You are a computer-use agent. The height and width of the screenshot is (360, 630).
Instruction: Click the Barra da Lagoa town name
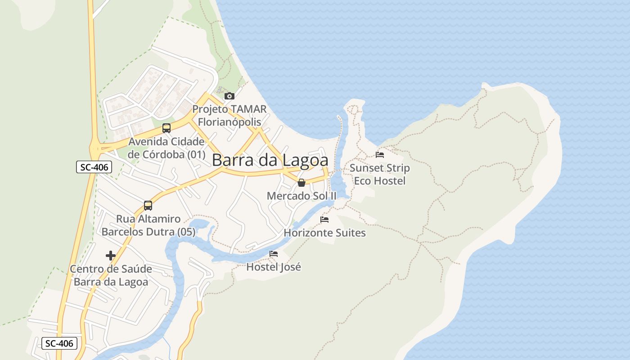click(x=270, y=160)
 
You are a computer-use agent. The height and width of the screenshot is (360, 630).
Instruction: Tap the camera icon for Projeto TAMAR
click(x=229, y=96)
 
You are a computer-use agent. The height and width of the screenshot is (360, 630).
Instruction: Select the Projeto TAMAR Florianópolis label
click(x=229, y=115)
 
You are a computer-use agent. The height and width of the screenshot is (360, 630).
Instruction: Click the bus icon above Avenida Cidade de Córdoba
click(x=166, y=128)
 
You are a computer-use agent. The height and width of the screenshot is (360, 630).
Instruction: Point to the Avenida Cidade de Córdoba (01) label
click(x=166, y=148)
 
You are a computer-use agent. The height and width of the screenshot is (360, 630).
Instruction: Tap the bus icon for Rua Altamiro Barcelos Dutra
click(x=148, y=206)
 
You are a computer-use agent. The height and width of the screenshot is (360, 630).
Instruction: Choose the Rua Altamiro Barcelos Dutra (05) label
click(x=148, y=225)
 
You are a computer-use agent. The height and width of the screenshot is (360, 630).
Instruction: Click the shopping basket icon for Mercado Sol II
click(x=301, y=183)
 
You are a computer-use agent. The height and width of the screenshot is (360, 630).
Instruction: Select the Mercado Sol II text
click(x=301, y=196)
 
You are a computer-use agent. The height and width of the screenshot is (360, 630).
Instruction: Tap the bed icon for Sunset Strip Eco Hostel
click(x=380, y=155)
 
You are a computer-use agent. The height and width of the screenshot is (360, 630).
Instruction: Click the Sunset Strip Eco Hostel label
click(x=380, y=174)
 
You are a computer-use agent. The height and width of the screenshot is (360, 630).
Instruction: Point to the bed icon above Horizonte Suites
click(x=324, y=220)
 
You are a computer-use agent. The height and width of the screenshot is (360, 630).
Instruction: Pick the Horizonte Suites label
click(x=324, y=233)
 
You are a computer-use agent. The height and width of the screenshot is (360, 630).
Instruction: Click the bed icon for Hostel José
click(x=274, y=254)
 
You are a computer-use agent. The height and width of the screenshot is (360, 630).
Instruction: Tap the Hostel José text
click(x=274, y=267)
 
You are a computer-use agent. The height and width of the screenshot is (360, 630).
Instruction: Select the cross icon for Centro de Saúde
click(x=111, y=256)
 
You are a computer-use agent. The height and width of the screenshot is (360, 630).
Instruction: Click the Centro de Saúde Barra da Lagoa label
click(x=111, y=275)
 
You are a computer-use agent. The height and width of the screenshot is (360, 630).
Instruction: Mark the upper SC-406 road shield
click(x=93, y=167)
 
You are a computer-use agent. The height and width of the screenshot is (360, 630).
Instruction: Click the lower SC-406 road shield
click(x=60, y=343)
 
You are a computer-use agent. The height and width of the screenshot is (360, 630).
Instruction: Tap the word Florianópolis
click(x=229, y=121)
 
